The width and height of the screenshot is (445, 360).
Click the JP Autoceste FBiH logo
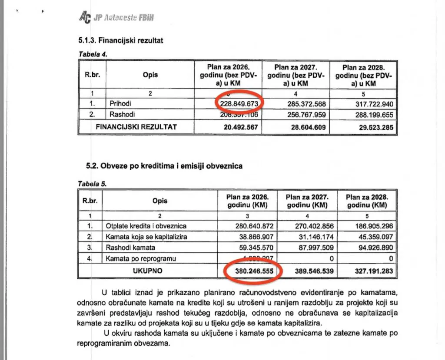(117, 17)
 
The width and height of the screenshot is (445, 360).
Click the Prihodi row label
(120, 104)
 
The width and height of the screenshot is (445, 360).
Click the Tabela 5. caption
(92, 184)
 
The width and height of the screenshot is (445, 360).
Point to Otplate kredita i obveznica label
(146, 226)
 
